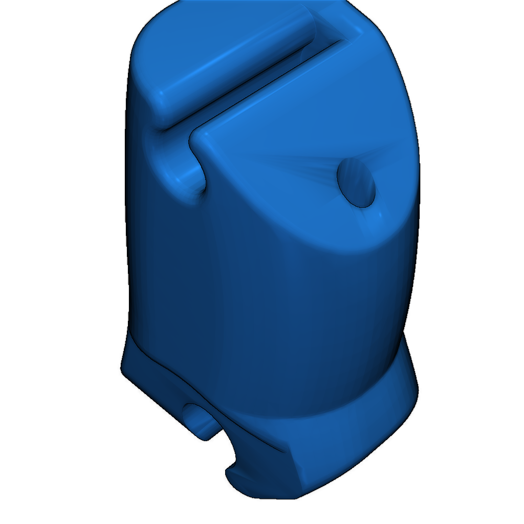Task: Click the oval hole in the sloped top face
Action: click(x=357, y=182)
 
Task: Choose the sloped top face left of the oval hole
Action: click(x=276, y=169)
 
